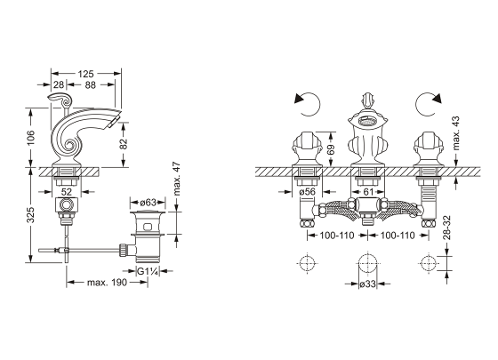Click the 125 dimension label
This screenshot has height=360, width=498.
click(x=86, y=74)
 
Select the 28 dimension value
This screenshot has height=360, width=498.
click(x=59, y=84)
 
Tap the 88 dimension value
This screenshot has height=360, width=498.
click(x=91, y=84)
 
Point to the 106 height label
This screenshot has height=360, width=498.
click(x=31, y=138)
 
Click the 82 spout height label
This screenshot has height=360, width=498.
click(x=124, y=143)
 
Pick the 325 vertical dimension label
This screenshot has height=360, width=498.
click(x=30, y=215)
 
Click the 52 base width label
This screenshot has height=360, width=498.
click(x=67, y=192)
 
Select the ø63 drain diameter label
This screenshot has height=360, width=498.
click(x=148, y=203)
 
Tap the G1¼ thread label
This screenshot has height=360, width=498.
click(x=148, y=271)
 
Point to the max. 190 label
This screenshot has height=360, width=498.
click(x=107, y=283)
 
